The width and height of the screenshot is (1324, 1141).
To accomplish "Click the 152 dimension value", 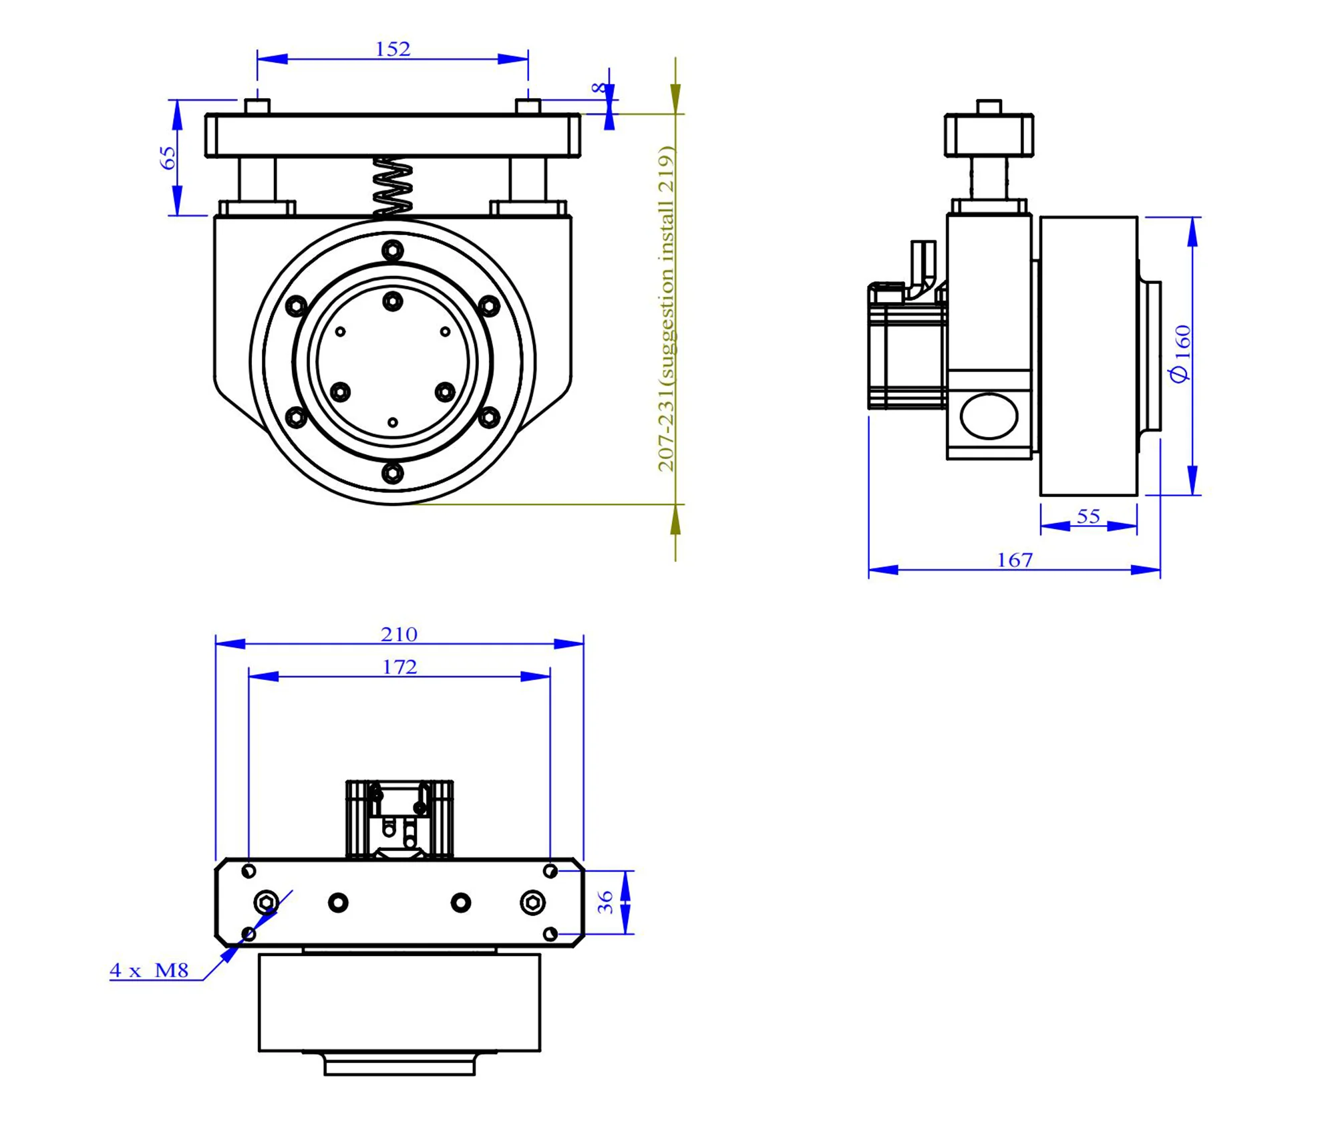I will tap(392, 49).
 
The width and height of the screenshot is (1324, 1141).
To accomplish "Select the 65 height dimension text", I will tap(168, 158).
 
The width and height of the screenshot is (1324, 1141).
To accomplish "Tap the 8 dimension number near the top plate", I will tap(599, 88).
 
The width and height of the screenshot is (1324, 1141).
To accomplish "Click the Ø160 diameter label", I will tap(1180, 353).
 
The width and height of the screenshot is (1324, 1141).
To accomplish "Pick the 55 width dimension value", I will tap(1088, 516).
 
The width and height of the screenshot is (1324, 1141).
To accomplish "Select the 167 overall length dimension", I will tap(1014, 560).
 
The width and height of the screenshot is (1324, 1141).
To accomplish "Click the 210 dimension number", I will tap(399, 634).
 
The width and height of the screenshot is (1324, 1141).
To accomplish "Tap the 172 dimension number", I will tap(399, 667).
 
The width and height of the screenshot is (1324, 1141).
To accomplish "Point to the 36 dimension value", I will tap(605, 903).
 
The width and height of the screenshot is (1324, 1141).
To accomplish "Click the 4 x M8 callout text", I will tap(150, 970).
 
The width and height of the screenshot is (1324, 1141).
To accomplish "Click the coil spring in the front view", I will tap(392, 186).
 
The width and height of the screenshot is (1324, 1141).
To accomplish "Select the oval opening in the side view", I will tap(989, 416).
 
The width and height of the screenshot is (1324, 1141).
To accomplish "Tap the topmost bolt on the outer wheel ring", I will tap(393, 251).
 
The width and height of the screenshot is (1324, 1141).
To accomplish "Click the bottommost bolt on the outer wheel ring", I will tap(393, 473).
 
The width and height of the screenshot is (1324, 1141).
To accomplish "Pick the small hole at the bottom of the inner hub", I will tap(393, 422).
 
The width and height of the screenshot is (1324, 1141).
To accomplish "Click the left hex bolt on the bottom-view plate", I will tap(267, 903).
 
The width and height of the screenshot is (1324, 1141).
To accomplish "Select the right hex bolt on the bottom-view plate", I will tap(532, 903).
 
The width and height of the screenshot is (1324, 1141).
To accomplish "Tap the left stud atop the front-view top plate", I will tap(257, 106).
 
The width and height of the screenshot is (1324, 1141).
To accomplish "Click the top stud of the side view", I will tap(989, 106).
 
